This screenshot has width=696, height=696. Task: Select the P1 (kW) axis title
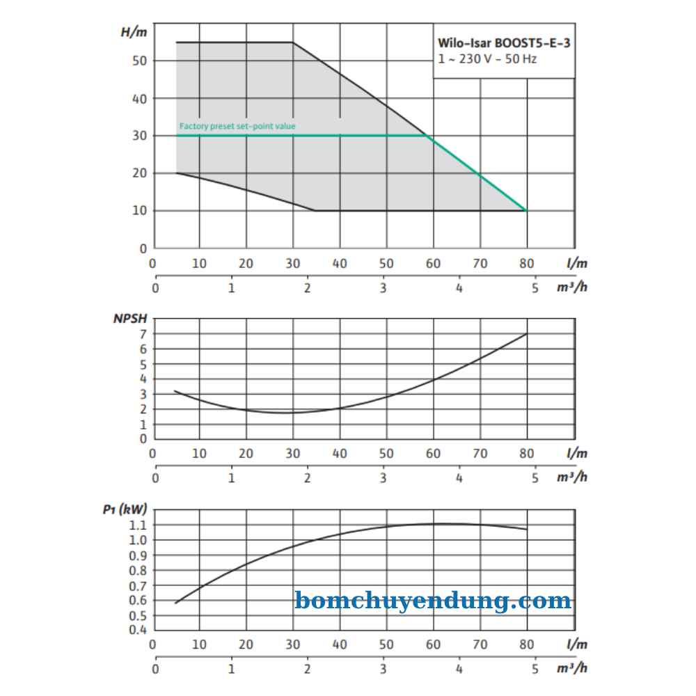click(124, 509)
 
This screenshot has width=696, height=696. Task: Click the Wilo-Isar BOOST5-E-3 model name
click(504, 43)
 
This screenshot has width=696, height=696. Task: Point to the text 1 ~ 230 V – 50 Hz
click(487, 59)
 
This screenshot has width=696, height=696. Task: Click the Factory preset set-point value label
click(237, 126)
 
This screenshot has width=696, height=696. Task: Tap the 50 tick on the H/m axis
click(140, 61)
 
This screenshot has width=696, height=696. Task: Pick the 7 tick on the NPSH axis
click(143, 334)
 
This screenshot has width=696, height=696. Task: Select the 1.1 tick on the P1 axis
click(139, 525)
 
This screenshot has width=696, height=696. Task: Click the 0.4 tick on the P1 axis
click(139, 630)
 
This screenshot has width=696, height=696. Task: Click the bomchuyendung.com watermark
click(433, 600)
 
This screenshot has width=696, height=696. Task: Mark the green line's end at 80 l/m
click(527, 210)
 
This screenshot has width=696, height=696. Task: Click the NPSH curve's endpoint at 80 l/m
click(527, 334)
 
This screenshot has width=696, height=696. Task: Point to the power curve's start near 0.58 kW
click(176, 603)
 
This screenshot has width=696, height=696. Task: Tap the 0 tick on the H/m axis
click(143, 248)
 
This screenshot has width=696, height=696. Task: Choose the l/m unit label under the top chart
click(577, 264)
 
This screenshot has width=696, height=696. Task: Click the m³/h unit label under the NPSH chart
click(572, 477)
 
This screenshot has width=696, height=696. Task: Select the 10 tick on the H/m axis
click(140, 211)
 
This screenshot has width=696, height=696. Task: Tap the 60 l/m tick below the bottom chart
click(433, 645)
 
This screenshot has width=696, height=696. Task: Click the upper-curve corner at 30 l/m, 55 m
click(293, 42)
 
